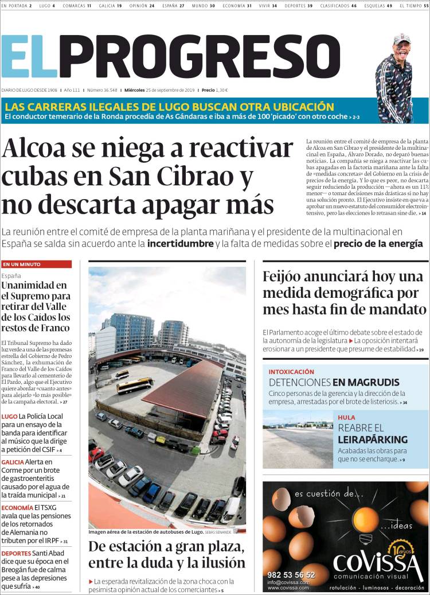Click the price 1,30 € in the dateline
coord(221,90)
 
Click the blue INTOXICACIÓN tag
coord(291,372)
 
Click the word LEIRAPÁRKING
coord(373,440)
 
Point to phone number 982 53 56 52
coord(291,574)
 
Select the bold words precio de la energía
coord(378,244)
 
